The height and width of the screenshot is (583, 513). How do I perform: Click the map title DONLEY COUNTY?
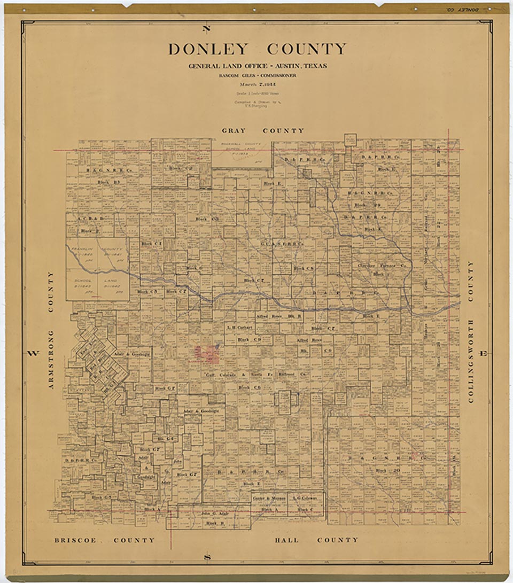(257, 50)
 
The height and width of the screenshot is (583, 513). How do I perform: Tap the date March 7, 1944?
(257, 84)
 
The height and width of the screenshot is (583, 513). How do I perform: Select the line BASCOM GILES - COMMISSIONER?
(257, 75)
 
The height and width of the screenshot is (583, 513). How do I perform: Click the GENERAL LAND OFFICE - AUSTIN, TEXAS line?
(257, 66)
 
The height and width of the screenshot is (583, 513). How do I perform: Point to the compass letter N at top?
(207, 29)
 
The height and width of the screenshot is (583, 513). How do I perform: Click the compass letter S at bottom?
(208, 558)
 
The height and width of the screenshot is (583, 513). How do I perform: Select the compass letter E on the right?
(483, 353)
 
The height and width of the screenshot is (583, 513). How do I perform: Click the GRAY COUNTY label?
(263, 131)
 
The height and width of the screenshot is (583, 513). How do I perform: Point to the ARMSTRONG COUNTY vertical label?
(51, 329)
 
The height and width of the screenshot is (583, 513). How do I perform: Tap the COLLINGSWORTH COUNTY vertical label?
(471, 332)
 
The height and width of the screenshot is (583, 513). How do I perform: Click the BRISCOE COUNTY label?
(105, 540)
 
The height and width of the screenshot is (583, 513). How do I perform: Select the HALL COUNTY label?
(316, 540)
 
